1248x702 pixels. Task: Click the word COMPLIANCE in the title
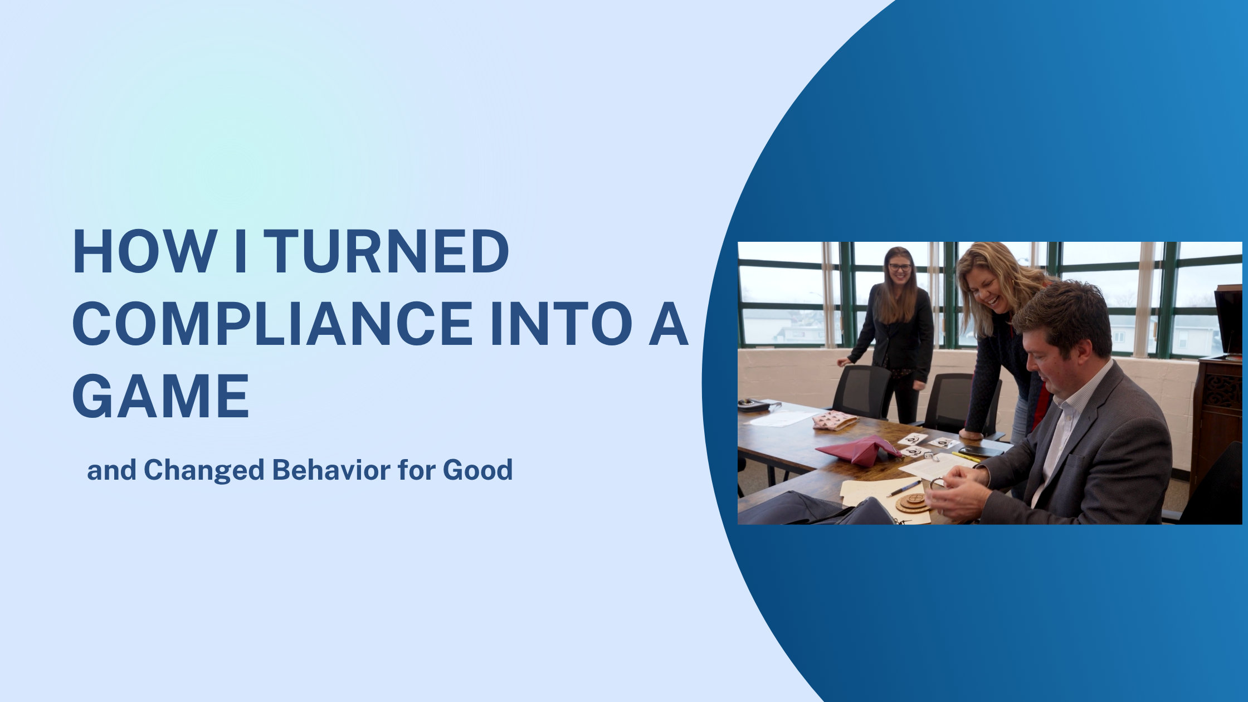(272, 324)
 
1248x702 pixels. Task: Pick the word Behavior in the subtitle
(331, 470)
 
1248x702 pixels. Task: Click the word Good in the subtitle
(477, 470)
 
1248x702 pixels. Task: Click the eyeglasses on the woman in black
(900, 267)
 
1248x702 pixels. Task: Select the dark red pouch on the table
(858, 450)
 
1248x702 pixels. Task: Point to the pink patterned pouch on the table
(834, 420)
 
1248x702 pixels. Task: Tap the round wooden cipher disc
(913, 502)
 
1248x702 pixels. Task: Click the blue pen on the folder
(904, 488)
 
